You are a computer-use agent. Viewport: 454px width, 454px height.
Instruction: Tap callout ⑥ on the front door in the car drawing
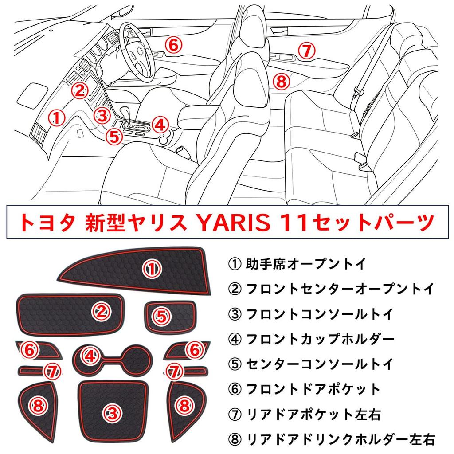(174, 44)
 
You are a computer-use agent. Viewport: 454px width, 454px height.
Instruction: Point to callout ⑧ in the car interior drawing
(281, 81)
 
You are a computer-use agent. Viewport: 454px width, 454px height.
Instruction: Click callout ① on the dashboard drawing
(56, 117)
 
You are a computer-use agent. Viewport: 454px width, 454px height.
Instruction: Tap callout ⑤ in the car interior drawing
(115, 136)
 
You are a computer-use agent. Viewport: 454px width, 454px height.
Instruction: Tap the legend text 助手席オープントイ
(297, 265)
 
